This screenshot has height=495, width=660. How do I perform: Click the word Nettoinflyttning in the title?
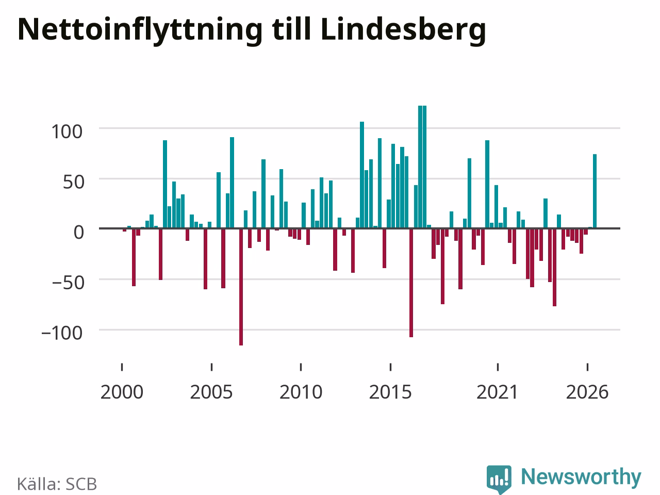click(140, 30)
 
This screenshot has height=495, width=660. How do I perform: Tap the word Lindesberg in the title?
click(403, 30)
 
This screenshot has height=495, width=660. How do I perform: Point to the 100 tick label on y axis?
click(67, 131)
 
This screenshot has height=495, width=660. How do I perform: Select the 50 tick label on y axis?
click(74, 182)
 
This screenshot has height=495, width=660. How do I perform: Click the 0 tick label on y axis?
click(79, 233)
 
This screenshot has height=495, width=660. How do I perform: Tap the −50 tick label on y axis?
click(68, 283)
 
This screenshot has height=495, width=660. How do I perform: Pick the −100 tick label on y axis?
click(62, 333)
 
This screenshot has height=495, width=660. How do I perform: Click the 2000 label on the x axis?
click(122, 392)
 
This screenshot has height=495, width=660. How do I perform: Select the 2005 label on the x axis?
click(211, 392)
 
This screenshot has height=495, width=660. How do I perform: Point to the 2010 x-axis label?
click(301, 392)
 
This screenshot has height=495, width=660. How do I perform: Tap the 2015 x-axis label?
click(390, 392)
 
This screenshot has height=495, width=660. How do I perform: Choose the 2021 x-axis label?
click(498, 392)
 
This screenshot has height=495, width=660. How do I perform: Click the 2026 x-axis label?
click(587, 392)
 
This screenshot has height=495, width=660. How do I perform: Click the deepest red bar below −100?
click(241, 287)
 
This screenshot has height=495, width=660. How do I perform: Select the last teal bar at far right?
click(595, 191)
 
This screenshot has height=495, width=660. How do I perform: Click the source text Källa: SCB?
click(57, 484)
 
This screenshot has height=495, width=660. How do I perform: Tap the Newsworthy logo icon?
click(499, 479)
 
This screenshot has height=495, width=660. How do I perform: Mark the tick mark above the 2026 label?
click(587, 367)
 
